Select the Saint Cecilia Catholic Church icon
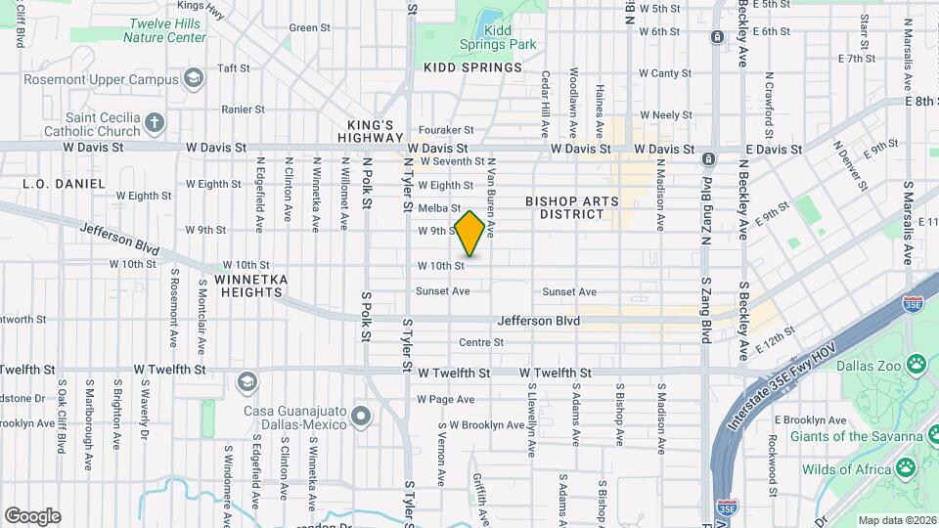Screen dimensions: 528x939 click(155, 123)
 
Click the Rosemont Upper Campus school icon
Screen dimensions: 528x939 click(194, 78)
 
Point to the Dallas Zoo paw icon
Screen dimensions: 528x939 click(916, 366)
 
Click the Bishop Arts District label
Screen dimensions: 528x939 click(571, 207)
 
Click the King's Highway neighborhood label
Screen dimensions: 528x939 click(372, 132)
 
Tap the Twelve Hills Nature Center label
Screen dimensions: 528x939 click(164, 30)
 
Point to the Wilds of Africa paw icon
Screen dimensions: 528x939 click(906, 467)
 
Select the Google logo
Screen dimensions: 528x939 click(31, 515)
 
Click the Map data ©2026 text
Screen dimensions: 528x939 click(897, 520)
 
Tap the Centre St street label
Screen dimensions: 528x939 click(481, 342)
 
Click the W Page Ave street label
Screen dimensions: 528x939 click(445, 399)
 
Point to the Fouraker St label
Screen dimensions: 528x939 click(448, 129)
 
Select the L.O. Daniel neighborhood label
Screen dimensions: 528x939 click(64, 183)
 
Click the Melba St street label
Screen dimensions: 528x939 click(438, 208)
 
